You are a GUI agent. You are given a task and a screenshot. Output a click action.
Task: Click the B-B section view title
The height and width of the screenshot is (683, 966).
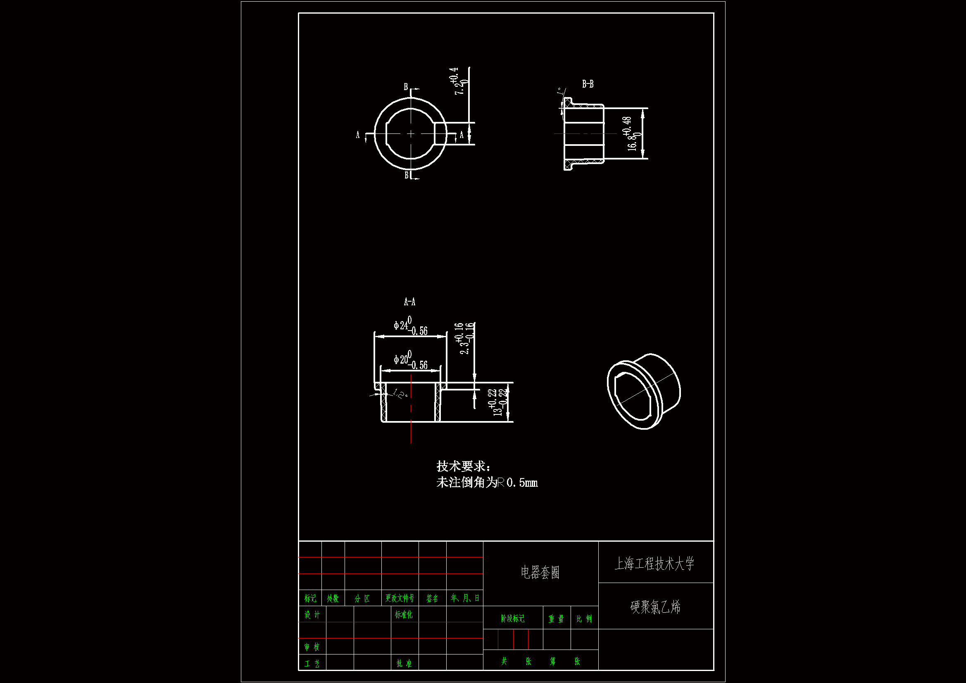[588, 84]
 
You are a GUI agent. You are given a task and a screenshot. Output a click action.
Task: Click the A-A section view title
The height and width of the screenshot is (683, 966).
[409, 302]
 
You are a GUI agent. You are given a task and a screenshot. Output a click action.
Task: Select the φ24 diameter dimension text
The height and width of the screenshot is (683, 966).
[410, 326]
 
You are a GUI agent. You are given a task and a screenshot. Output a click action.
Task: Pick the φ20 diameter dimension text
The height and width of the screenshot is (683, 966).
[410, 360]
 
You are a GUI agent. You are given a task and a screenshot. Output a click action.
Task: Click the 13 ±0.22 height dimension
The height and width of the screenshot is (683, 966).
[498, 402]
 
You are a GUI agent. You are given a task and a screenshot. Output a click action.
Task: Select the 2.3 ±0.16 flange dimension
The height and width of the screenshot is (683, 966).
[464, 338]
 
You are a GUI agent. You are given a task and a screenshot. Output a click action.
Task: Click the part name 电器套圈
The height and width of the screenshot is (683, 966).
[540, 572]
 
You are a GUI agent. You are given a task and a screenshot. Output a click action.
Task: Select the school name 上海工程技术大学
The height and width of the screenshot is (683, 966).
[654, 564]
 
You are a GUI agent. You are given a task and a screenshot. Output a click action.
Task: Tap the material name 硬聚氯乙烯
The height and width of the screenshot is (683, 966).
[655, 607]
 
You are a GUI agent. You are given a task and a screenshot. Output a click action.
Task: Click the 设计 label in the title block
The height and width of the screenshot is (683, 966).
[312, 615]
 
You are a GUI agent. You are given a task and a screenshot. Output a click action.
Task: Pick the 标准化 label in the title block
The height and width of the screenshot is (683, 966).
[404, 615]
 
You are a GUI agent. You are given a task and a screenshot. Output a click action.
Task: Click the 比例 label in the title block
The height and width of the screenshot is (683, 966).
[584, 619]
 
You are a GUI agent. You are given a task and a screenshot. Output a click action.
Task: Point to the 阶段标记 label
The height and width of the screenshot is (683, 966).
[512, 619]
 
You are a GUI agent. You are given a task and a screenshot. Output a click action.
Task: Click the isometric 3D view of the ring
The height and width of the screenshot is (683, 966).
[644, 391]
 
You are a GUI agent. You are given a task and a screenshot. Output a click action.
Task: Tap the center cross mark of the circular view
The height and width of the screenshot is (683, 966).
[411, 134]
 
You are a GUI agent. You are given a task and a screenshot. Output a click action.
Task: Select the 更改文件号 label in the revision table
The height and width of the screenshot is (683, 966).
[400, 598]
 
